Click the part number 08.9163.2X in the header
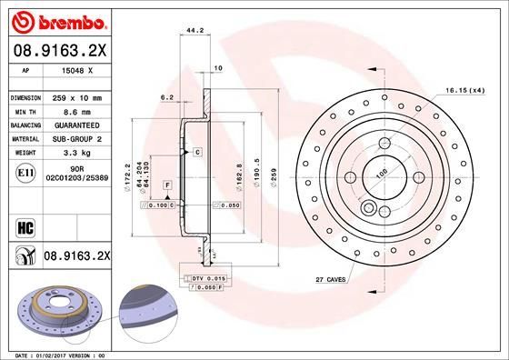63,52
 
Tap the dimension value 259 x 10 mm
75,96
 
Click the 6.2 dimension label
166,96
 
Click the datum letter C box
196,152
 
